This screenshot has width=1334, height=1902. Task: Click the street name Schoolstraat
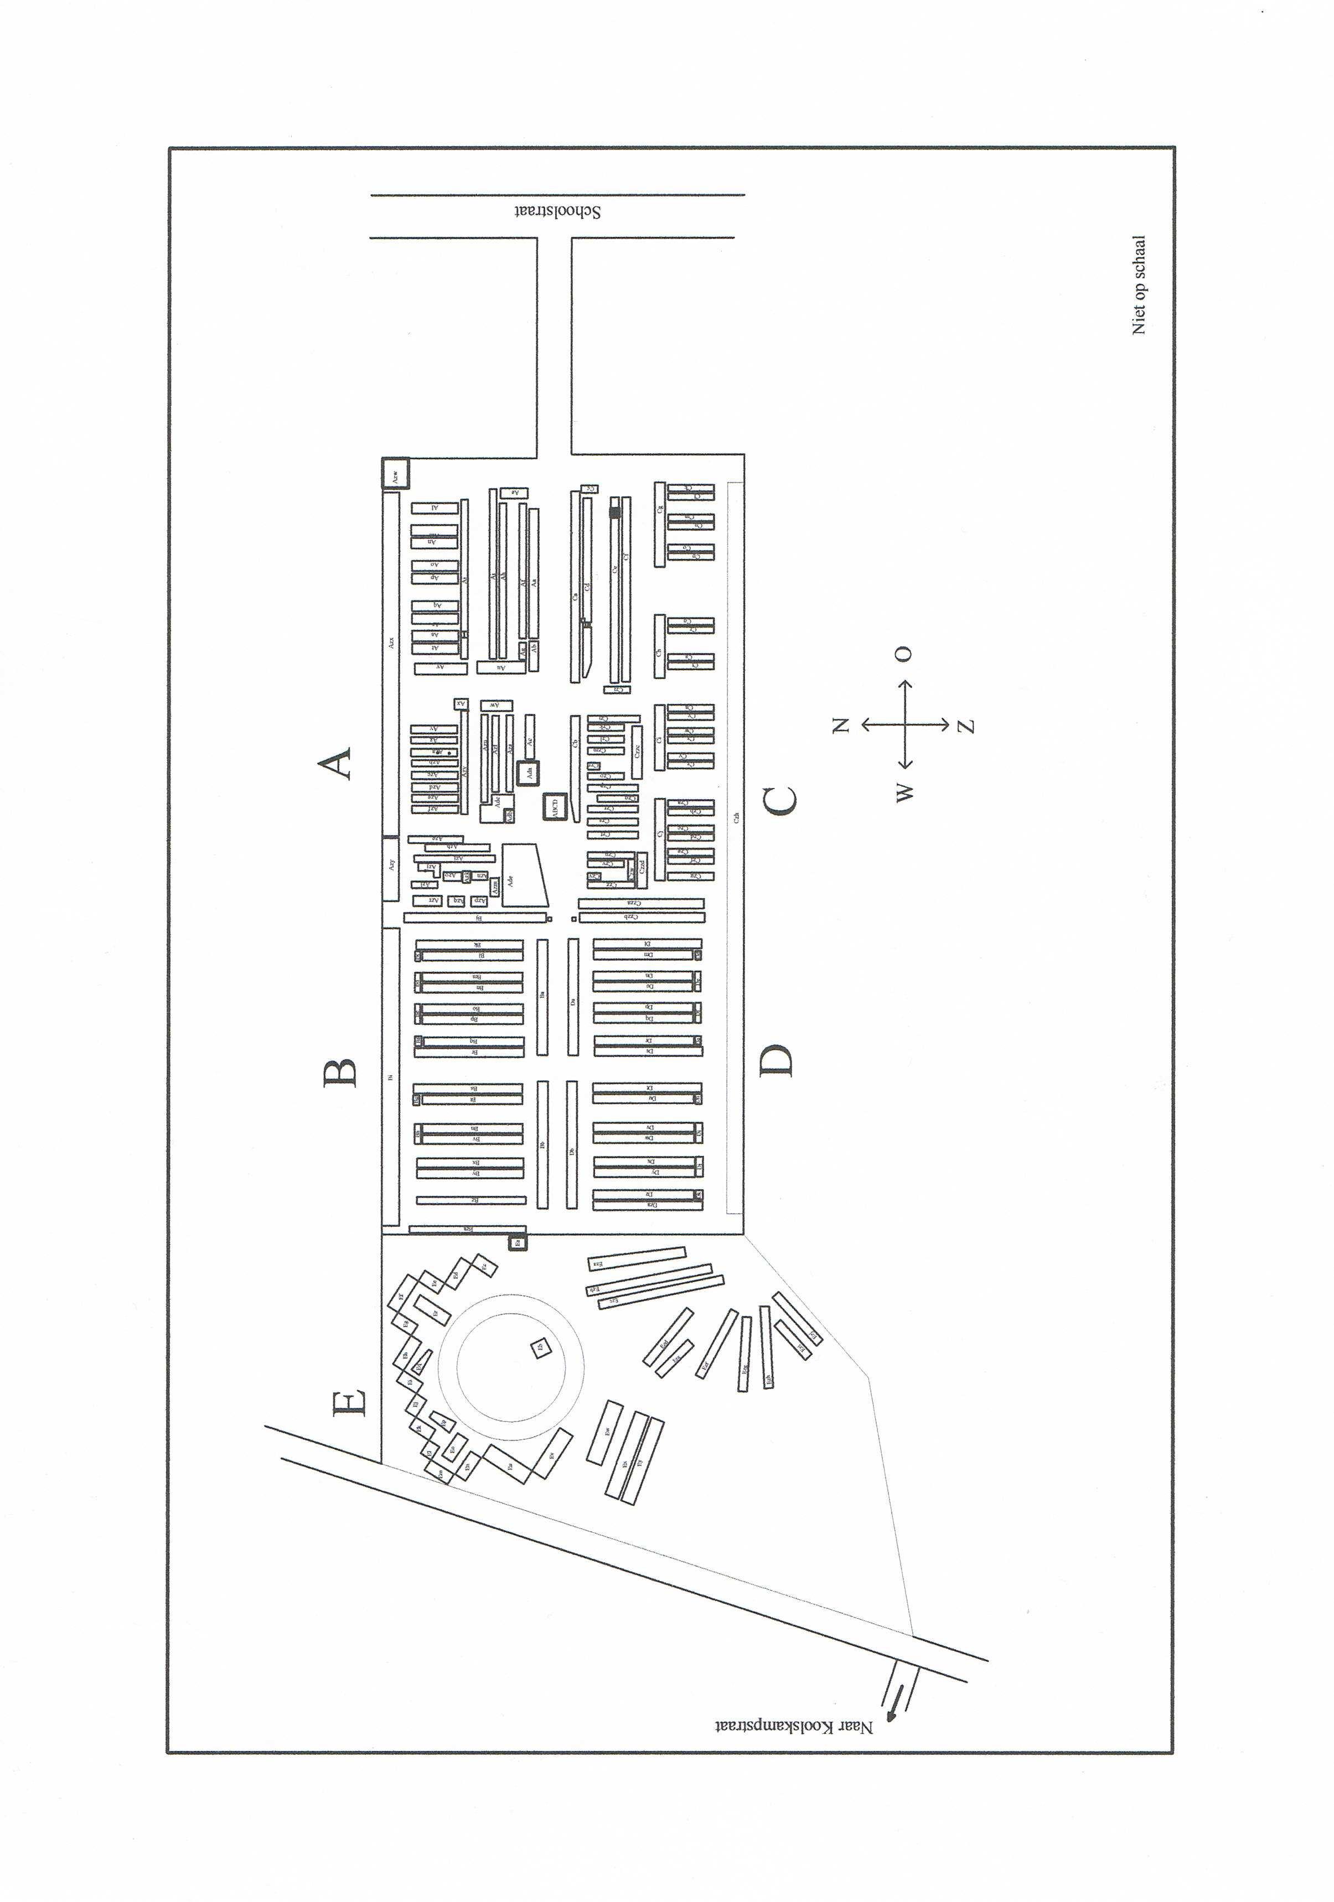557,211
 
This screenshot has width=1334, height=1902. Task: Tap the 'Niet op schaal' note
1139,285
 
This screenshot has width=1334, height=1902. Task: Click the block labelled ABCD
554,806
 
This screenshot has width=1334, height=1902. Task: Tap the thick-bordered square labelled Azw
395,475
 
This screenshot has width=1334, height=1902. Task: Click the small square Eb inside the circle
540,1348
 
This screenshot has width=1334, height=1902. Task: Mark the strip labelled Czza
640,903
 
